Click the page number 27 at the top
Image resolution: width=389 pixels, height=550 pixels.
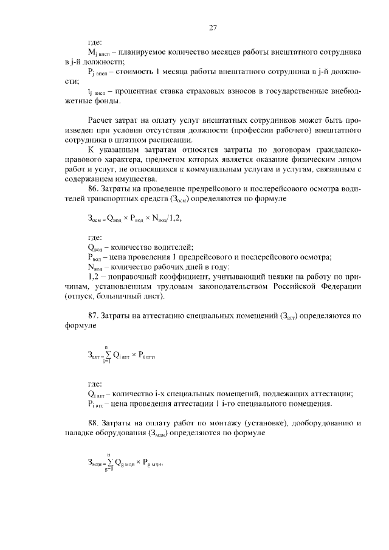(x=213, y=27)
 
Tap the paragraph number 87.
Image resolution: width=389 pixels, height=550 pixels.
(x=95, y=315)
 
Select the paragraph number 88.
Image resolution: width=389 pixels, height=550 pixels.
(x=95, y=422)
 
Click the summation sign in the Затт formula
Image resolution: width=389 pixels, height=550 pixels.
(x=106, y=356)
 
